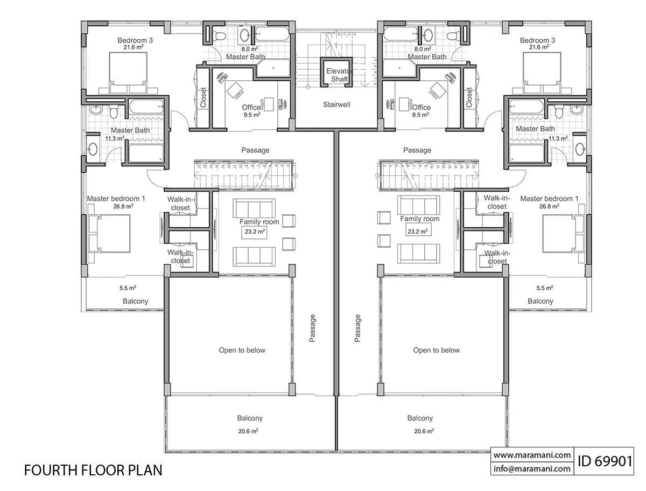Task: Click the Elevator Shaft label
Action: tap(339, 75)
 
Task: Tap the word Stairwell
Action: tap(336, 104)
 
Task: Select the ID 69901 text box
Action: tap(603, 461)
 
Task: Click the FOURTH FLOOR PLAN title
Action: tap(93, 470)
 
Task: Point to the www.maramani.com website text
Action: tap(532, 455)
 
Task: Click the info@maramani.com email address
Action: tap(532, 468)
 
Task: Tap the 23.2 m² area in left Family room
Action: tap(255, 232)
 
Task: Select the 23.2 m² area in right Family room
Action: tap(418, 232)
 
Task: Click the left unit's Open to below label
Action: tap(242, 350)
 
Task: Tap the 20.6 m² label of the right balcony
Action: tap(424, 431)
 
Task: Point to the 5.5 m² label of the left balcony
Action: tap(128, 287)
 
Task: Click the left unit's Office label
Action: tap(251, 107)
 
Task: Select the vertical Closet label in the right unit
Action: tap(469, 97)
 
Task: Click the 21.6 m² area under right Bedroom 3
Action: tap(539, 47)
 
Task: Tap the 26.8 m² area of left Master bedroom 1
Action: tap(123, 206)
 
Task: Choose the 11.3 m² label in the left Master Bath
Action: tap(115, 138)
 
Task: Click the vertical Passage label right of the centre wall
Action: tap(357, 328)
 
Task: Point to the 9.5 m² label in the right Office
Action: tap(420, 115)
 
